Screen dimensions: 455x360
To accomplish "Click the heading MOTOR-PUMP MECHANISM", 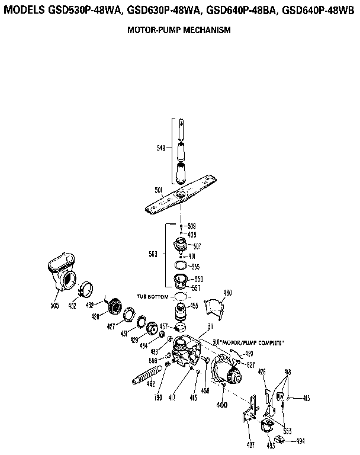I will tap(179, 29).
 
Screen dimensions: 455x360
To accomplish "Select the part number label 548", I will tap(161, 149).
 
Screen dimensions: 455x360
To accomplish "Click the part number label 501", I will tap(158, 190).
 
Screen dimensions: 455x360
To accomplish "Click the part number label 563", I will tap(153, 255).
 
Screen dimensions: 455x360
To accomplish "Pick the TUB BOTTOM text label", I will tap(153, 296).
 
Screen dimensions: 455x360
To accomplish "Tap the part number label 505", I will tap(55, 306).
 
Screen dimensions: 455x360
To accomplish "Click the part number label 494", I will tap(301, 441).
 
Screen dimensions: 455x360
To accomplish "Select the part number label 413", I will tap(307, 398).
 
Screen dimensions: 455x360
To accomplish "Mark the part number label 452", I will tap(73, 307).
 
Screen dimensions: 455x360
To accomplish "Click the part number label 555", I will tap(196, 267).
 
